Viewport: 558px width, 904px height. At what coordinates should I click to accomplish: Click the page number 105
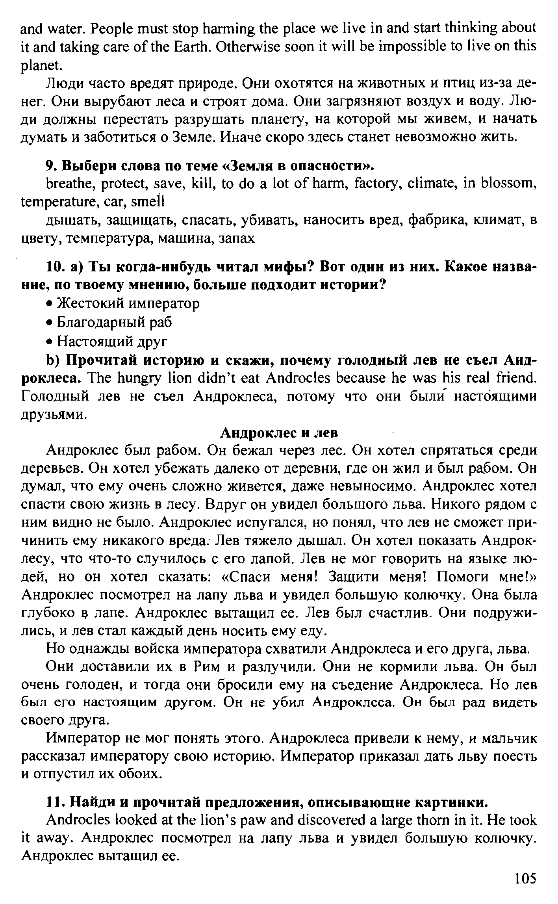coord(525,878)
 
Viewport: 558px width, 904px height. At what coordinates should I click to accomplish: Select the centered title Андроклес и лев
coord(279,433)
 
